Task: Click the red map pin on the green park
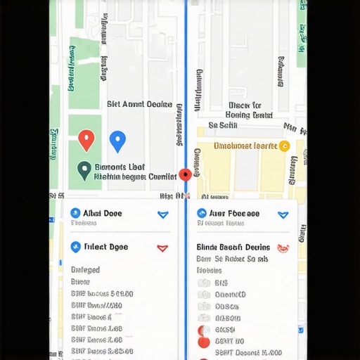point(86,139)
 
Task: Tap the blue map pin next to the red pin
point(117,140)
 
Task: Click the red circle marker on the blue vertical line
point(186,174)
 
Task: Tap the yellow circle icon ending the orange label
point(284,146)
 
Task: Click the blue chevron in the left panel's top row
point(163,214)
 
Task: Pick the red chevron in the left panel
point(162,247)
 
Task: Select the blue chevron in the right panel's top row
point(283,214)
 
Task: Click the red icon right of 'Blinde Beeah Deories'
point(283,247)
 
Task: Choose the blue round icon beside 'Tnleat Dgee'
point(76,247)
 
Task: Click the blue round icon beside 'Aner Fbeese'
point(202,213)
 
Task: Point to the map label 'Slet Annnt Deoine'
point(139,104)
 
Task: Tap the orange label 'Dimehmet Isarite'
point(245,146)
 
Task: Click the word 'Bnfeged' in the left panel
point(86,270)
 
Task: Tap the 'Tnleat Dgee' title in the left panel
point(106,247)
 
